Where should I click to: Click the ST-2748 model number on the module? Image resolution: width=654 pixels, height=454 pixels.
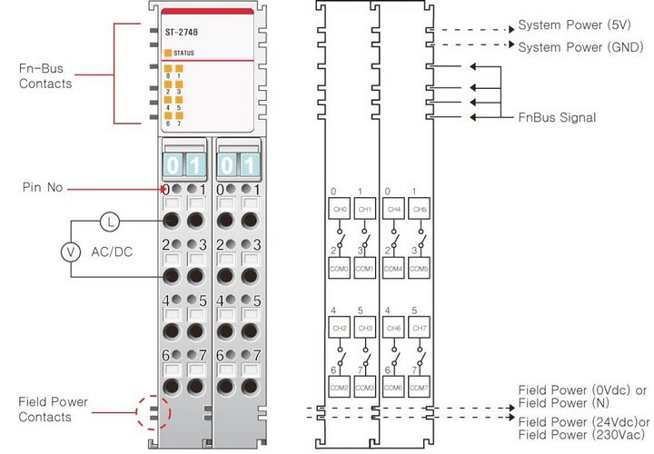pos(181,33)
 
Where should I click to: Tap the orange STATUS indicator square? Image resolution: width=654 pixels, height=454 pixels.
pos(168,53)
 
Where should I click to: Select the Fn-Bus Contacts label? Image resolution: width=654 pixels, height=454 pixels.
pos(45,76)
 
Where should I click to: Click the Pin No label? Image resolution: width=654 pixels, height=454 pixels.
pos(42,188)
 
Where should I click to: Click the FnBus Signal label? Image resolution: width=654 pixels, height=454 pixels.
pos(557,117)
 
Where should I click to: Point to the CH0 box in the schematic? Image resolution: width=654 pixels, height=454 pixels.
pos(338,210)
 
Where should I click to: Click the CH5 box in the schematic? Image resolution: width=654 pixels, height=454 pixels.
pos(419,210)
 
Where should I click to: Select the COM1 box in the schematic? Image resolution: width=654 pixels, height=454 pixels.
pos(365,270)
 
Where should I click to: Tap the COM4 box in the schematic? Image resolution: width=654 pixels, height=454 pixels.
pos(394,270)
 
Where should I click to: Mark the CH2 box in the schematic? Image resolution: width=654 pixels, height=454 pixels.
pos(338,328)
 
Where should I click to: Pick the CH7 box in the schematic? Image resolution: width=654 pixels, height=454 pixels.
pos(419,328)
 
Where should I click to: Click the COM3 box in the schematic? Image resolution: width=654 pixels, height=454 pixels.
pos(365,388)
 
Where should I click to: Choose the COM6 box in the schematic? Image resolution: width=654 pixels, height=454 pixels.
pos(394,388)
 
